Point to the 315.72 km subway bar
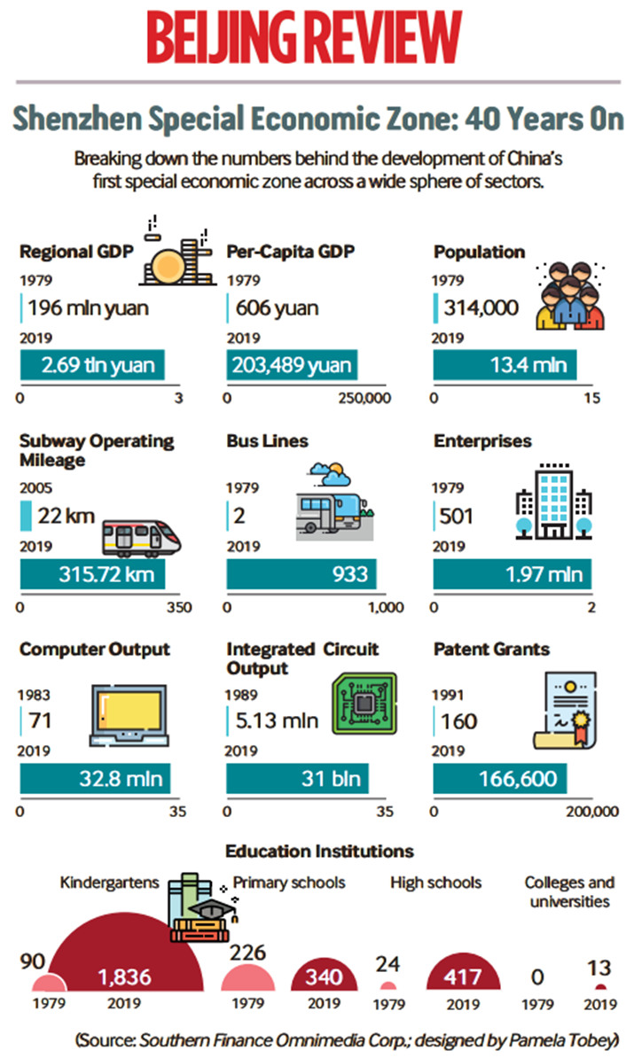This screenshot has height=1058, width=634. coord(92,574)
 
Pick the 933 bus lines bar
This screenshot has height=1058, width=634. coord(301,574)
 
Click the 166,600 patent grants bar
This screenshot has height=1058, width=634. coord(500,779)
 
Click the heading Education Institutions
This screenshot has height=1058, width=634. coord(319,852)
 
